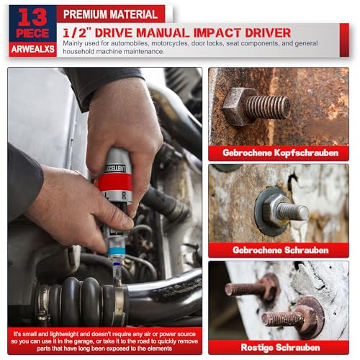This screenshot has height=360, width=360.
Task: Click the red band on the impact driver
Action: tap(114, 181)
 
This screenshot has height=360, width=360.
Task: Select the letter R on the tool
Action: tap(124, 195)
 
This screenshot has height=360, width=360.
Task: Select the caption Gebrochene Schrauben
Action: tap(279, 250)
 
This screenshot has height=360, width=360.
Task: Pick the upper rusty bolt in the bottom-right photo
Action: tap(248, 288)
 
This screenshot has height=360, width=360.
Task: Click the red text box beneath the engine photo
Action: tap(105, 340)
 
